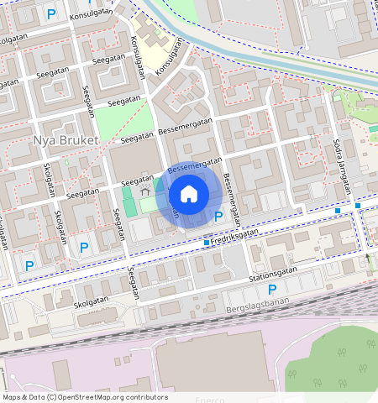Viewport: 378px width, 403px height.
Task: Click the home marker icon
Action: pyautogui.click(x=189, y=194)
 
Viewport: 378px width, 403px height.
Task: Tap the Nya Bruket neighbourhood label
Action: pyautogui.click(x=66, y=139)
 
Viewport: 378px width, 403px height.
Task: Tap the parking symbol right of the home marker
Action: pyautogui.click(x=218, y=217)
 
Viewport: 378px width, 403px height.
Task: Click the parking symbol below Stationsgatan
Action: pyautogui.click(x=249, y=290)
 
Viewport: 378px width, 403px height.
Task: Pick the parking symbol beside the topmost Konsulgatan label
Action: pyautogui.click(x=51, y=13)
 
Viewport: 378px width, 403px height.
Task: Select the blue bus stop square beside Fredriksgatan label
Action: pyautogui.click(x=207, y=243)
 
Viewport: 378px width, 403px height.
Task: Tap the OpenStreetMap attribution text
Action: pyautogui.click(x=85, y=397)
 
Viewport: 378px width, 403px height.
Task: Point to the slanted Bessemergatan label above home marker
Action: pyautogui.click(x=194, y=164)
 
